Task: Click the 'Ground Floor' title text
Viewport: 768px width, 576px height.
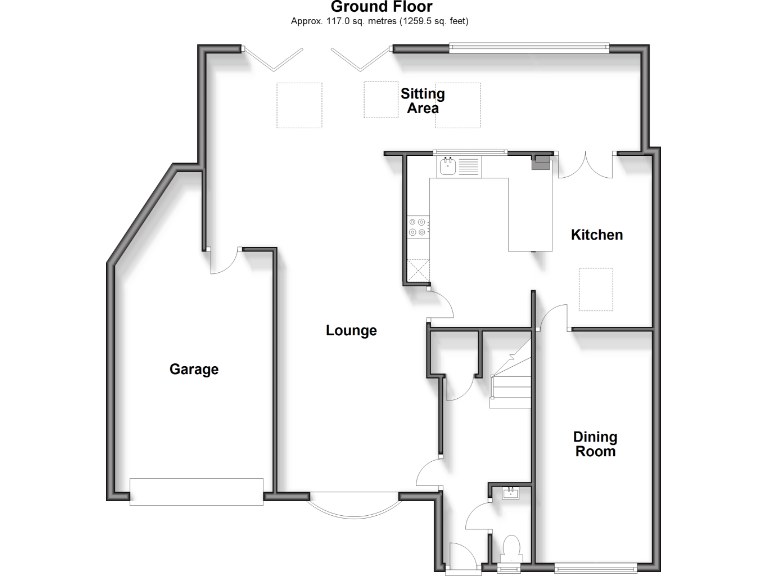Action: pyautogui.click(x=381, y=7)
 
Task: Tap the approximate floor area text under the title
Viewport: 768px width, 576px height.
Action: pyautogui.click(x=380, y=21)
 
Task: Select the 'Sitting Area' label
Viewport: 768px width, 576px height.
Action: pyautogui.click(x=423, y=101)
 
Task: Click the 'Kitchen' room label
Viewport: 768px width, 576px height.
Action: pyautogui.click(x=597, y=235)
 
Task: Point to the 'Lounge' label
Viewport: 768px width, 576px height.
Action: pyautogui.click(x=351, y=330)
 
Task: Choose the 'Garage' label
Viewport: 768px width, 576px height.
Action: pyautogui.click(x=193, y=369)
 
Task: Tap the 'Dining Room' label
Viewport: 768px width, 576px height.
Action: pyautogui.click(x=595, y=444)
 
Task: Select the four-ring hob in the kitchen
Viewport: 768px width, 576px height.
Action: pyautogui.click(x=418, y=227)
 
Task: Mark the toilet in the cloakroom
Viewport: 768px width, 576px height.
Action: pyautogui.click(x=511, y=549)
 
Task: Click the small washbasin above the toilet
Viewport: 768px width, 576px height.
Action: pyautogui.click(x=511, y=491)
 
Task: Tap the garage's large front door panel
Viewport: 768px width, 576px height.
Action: pyautogui.click(x=196, y=490)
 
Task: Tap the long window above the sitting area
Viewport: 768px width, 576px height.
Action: pyautogui.click(x=528, y=46)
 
